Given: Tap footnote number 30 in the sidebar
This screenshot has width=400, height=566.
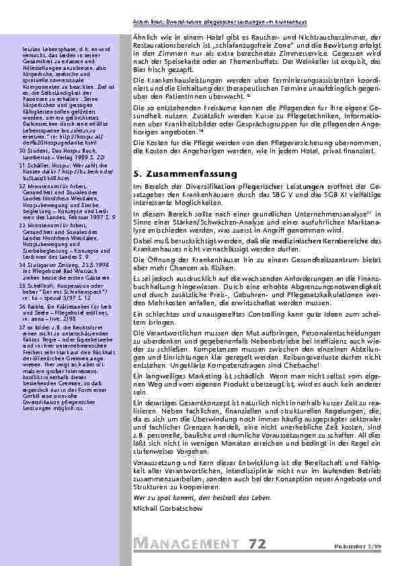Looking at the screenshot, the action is [x=23, y=151].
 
